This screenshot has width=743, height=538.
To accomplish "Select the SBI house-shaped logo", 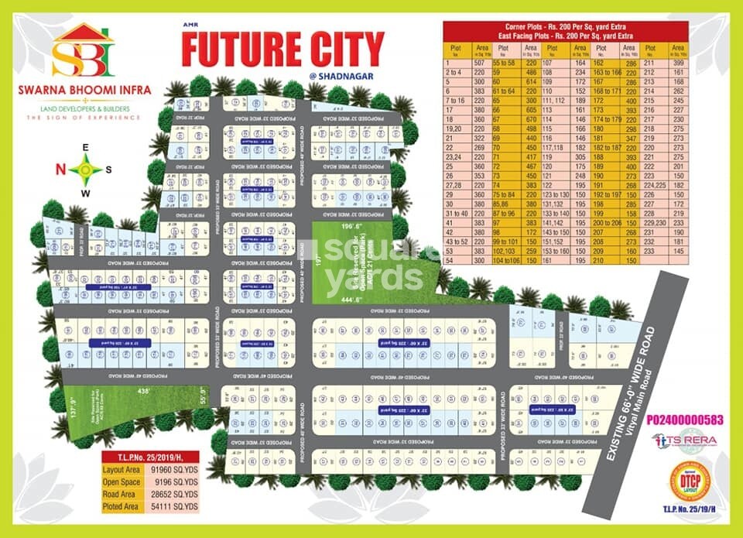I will coord(83,51).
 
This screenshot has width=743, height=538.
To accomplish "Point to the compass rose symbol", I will coord(86,168).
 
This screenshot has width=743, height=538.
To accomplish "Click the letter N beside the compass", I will coord(60,169).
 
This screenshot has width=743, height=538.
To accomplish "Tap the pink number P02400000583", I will coord(687,420).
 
